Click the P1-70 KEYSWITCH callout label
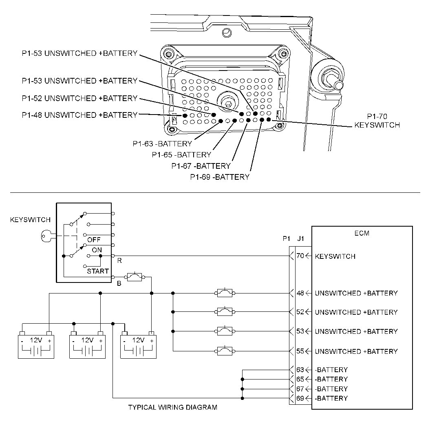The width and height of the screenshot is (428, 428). click(x=377, y=121)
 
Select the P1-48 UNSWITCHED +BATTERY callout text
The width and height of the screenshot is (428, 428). click(x=79, y=115)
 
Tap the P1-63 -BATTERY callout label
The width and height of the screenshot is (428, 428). click(x=162, y=143)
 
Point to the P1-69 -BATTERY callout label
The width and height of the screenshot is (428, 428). click(x=220, y=177)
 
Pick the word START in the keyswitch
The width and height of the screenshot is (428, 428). click(x=97, y=271)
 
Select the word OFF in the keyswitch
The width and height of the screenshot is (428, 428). click(x=93, y=240)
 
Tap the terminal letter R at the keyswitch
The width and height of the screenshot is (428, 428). click(x=119, y=260)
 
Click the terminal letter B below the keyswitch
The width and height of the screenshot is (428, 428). click(x=119, y=283)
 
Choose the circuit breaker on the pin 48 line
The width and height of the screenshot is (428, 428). click(x=224, y=293)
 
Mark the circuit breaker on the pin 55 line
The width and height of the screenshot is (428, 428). click(x=224, y=351)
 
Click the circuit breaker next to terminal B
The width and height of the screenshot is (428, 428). click(x=135, y=278)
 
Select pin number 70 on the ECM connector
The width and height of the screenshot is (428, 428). click(x=300, y=256)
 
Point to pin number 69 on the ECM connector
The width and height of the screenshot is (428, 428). click(x=300, y=398)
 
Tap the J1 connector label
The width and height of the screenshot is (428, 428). click(x=300, y=239)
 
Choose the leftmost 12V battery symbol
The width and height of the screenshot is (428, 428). click(x=36, y=346)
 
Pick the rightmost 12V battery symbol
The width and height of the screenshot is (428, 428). click(x=139, y=346)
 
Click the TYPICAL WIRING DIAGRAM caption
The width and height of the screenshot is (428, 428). click(x=173, y=407)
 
